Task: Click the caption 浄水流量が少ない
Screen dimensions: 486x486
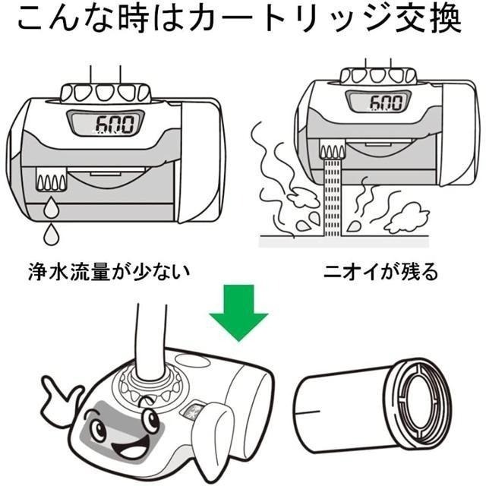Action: [x=112, y=270]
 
